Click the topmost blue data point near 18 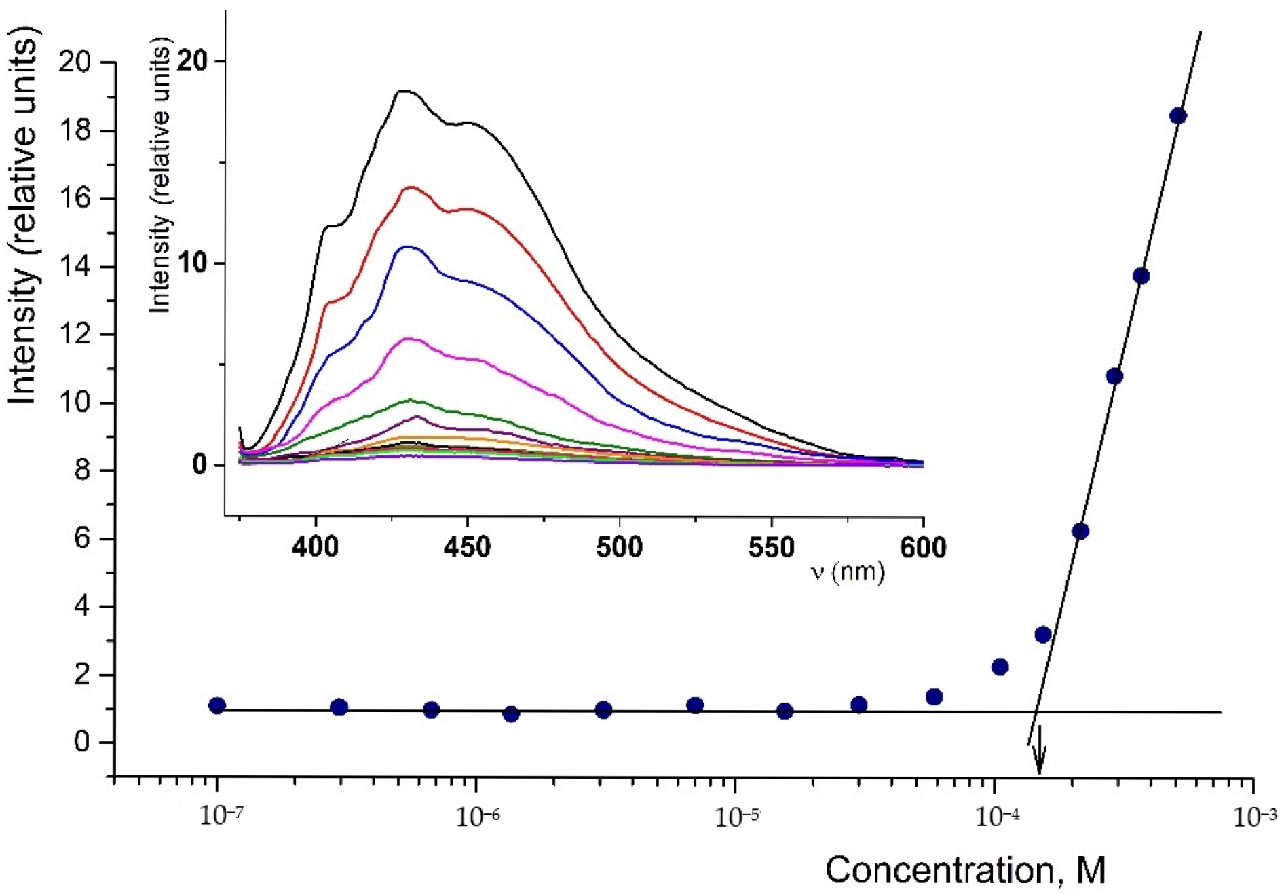coord(1177,116)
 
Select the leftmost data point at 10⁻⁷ coord(217,705)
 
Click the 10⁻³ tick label coord(1255,817)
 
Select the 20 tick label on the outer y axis coord(75,62)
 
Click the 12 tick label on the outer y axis coord(75,335)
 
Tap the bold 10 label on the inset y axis coord(192,263)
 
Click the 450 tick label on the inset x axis coord(467,547)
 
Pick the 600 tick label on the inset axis coord(923,547)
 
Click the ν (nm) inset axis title coord(848,572)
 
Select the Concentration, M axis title coord(965,870)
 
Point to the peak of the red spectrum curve coord(410,187)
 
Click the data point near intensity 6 coord(1080,531)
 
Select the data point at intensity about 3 coord(1043,635)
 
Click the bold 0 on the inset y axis coord(199,465)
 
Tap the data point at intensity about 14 coord(1141,276)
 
